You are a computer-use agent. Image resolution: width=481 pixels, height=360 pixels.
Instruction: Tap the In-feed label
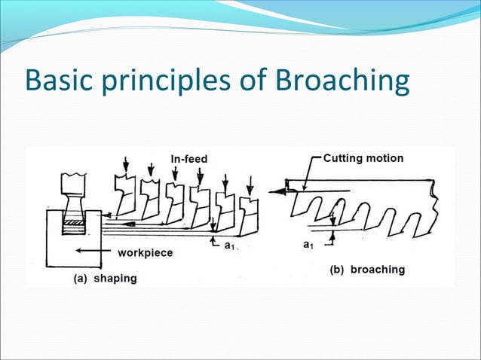(x=188, y=158)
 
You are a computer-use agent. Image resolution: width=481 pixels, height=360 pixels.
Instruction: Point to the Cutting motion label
(x=363, y=158)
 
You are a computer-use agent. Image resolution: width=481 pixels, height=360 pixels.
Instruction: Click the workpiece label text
(x=145, y=253)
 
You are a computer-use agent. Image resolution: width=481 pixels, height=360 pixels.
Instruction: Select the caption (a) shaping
(x=105, y=278)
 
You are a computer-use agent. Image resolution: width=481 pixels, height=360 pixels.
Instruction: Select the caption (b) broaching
(x=367, y=269)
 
